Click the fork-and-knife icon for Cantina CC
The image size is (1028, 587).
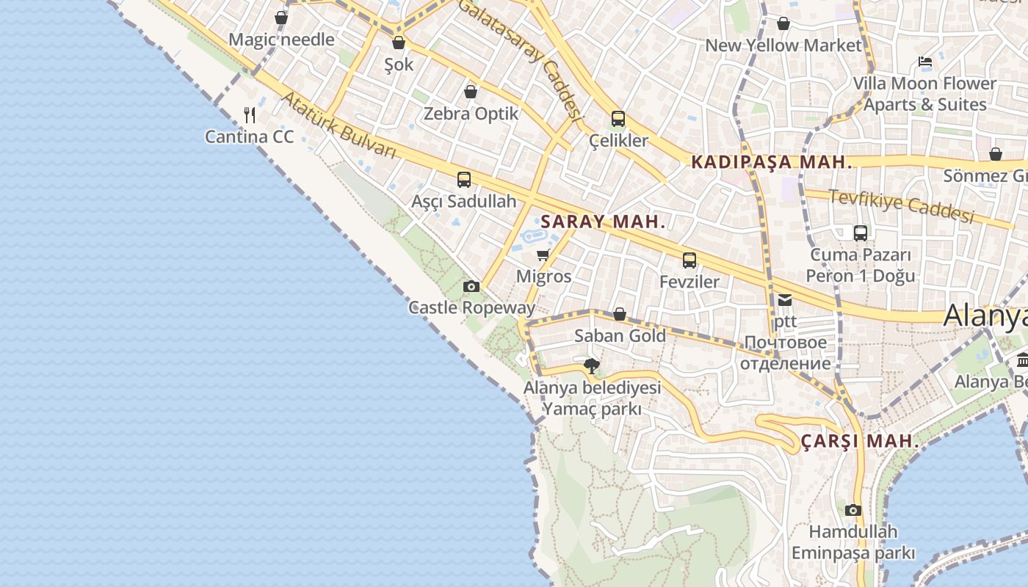pyautogui.click(x=250, y=114)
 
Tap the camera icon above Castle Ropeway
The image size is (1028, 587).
pyautogui.click(x=471, y=286)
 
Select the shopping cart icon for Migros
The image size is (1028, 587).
pyautogui.click(x=543, y=255)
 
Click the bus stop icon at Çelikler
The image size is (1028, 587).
pyautogui.click(x=618, y=118)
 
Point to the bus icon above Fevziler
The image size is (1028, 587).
pyautogui.click(x=689, y=260)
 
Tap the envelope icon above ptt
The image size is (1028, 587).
pyautogui.click(x=785, y=299)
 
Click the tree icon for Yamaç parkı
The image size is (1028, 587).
pyautogui.click(x=591, y=365)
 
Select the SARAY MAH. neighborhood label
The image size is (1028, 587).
pyautogui.click(x=603, y=222)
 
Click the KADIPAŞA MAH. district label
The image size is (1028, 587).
pyautogui.click(x=771, y=162)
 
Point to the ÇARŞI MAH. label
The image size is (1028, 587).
pyautogui.click(x=859, y=441)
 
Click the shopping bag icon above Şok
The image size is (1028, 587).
pyautogui.click(x=399, y=43)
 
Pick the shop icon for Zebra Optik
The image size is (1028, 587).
pyautogui.click(x=471, y=92)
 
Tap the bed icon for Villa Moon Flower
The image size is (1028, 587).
pyautogui.click(x=925, y=62)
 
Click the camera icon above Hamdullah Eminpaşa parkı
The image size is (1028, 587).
pyautogui.click(x=853, y=510)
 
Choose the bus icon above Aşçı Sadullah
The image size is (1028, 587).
pyautogui.click(x=464, y=179)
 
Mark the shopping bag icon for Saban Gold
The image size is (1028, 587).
pyautogui.click(x=620, y=314)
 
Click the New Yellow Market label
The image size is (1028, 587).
pyautogui.click(x=783, y=45)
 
